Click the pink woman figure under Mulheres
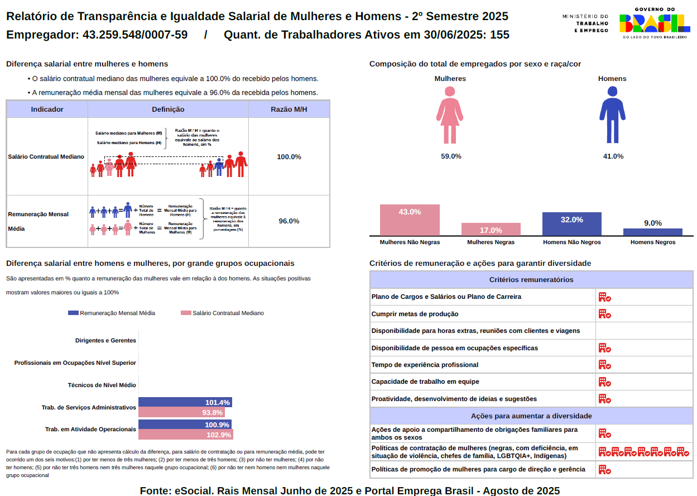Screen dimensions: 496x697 click(450, 115)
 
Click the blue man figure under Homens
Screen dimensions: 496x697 click(612, 115)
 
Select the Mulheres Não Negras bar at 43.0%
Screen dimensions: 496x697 click(410, 220)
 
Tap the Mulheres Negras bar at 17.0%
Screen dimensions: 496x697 click(491, 230)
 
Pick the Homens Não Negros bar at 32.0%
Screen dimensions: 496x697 click(572, 224)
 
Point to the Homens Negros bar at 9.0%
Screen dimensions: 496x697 click(653, 232)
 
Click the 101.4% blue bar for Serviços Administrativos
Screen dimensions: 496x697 click(185, 402)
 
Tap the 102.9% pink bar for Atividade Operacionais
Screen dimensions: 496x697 click(185, 435)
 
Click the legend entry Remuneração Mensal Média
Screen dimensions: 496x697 click(111, 313)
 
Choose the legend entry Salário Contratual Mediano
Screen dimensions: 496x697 click(222, 313)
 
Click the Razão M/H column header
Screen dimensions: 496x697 click(289, 109)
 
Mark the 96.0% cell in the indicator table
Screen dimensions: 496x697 click(289, 221)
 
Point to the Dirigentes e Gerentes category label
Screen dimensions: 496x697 click(105, 340)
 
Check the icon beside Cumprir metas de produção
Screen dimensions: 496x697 click(604, 314)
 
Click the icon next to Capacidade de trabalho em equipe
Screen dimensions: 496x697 click(604, 382)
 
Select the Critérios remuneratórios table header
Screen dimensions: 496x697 click(531, 280)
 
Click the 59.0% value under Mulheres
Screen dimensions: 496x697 click(451, 156)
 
